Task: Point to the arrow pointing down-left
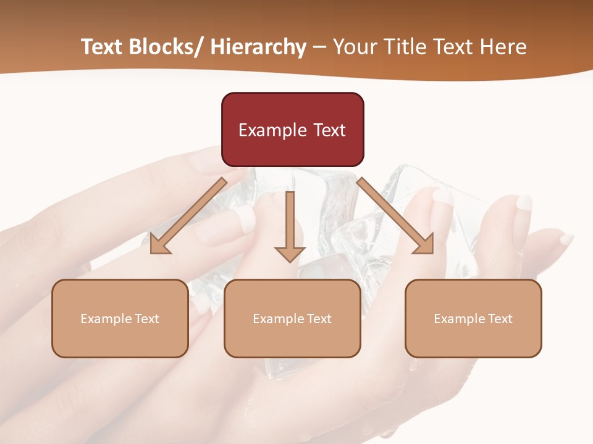188,216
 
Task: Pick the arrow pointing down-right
395,216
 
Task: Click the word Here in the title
504,47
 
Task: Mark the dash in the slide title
319,47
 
